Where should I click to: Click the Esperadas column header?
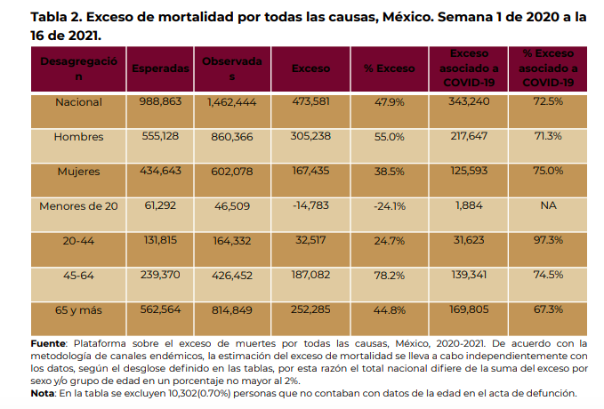point(160,68)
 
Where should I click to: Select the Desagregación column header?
point(78,68)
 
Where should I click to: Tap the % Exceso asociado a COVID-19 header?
point(549,68)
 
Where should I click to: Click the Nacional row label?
point(78,101)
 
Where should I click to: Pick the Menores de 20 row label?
point(78,205)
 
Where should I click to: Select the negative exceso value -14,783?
point(305,205)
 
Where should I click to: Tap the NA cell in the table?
point(548,205)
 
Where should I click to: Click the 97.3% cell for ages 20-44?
point(548,240)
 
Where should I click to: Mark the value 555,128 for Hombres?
point(160,136)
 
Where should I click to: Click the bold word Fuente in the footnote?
point(52,342)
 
